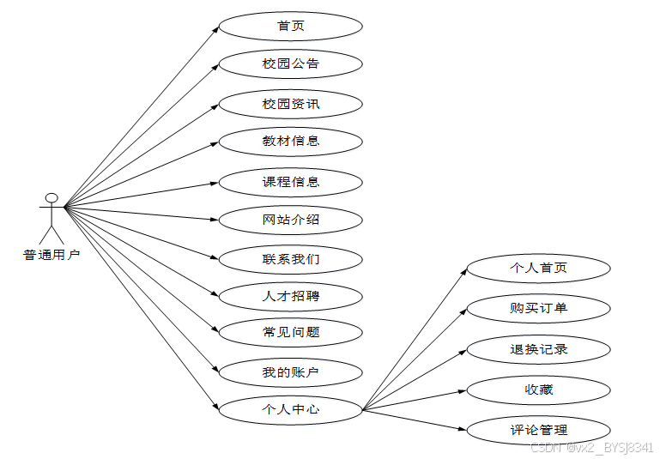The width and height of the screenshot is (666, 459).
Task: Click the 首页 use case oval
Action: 291,26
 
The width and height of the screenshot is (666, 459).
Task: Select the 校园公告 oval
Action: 291,64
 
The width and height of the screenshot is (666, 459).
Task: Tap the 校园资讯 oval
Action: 291,104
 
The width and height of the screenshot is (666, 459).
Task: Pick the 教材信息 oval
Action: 291,141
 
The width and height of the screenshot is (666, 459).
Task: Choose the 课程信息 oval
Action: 291,182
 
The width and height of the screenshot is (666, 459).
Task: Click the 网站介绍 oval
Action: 291,220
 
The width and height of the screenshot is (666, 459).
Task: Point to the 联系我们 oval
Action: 291,258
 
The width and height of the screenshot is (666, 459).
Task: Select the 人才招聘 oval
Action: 291,296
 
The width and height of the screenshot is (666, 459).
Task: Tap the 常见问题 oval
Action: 291,332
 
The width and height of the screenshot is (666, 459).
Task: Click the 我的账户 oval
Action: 291,371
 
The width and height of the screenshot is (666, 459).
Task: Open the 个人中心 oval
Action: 291,409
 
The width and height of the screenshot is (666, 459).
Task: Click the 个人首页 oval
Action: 538,268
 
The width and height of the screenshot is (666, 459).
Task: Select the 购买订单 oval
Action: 538,308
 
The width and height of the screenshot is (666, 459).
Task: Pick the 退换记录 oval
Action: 538,349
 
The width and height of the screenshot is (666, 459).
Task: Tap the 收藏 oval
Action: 538,390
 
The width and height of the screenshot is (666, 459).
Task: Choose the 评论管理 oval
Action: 538,430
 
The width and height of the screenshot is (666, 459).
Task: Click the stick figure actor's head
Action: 51,198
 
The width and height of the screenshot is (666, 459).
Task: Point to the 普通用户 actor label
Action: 51,255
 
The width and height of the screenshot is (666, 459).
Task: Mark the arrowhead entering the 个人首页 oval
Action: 463,272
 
